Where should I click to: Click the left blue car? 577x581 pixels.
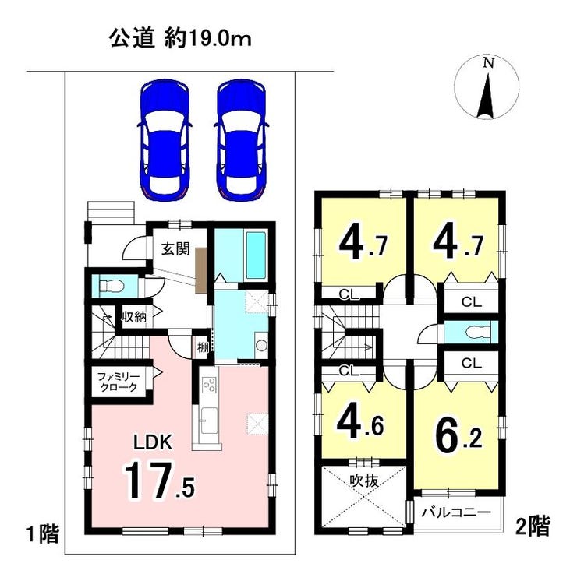pyautogui.click(x=165, y=141)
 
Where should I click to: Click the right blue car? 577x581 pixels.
pyautogui.click(x=242, y=141)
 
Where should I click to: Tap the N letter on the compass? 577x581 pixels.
pyautogui.click(x=488, y=63)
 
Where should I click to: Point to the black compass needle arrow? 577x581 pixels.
pyautogui.click(x=487, y=97)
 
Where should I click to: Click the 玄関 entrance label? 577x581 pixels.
pyautogui.click(x=175, y=248)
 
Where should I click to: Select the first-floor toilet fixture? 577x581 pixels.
pyautogui.click(x=111, y=286)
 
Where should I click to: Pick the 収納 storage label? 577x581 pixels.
pyautogui.click(x=134, y=316)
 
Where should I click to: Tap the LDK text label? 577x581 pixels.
pyautogui.click(x=153, y=443)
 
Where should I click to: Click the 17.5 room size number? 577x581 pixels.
pyautogui.click(x=159, y=481)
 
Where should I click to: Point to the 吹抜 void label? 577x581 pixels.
pyautogui.click(x=364, y=481)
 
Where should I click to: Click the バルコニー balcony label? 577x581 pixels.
pyautogui.click(x=456, y=512)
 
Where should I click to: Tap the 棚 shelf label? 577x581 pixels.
pyautogui.click(x=203, y=347)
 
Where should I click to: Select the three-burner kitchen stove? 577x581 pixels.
pyautogui.click(x=208, y=384)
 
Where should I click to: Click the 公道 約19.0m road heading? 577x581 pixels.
pyautogui.click(x=180, y=38)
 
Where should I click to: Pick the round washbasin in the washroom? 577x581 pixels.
pyautogui.click(x=261, y=345)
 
